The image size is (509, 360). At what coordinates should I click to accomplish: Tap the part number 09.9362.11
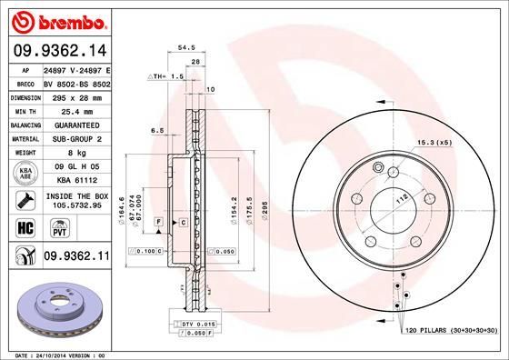[x=77, y=257]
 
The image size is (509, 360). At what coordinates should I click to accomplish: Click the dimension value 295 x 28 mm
[x=75, y=95]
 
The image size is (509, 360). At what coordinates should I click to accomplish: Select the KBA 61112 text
[x=76, y=180]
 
